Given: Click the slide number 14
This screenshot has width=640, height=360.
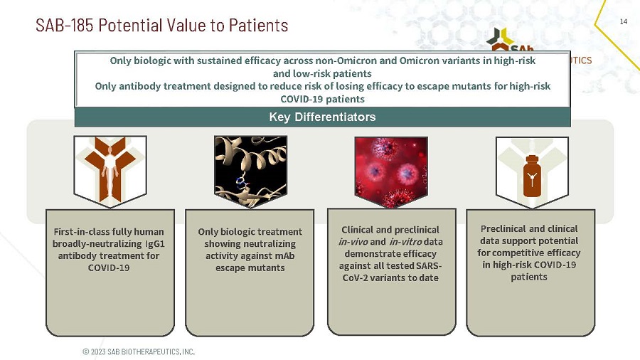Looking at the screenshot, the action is (623, 21).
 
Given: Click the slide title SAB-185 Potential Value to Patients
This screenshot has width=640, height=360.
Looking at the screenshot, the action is (161, 26).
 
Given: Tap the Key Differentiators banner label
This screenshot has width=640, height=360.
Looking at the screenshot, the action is (322, 117).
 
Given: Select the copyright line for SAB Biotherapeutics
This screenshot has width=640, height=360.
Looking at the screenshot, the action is (139, 351).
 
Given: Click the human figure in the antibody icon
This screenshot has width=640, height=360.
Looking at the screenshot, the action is (110, 171).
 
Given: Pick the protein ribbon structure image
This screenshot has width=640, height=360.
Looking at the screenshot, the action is (250, 171).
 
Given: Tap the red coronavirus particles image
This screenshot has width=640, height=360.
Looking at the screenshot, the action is (391, 172).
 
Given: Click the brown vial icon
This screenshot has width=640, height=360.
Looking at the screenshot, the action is (532, 176).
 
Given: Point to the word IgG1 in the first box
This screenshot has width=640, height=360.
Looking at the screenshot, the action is (155, 243).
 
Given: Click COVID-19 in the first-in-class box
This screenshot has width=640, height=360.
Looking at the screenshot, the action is (109, 268).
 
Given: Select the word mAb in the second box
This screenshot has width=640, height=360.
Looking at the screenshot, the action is (284, 255).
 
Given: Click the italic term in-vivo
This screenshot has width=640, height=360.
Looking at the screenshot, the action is (353, 242).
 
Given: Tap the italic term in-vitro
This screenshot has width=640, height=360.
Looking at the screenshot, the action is (405, 242).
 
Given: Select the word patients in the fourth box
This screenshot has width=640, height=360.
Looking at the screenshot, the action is (529, 277).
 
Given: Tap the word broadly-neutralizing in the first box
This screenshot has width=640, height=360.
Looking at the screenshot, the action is (97, 243).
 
